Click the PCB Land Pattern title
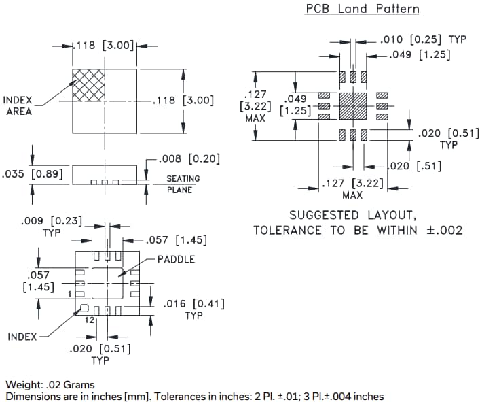pos(362,9)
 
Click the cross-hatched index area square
pos(88,84)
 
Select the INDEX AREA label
pos(19,105)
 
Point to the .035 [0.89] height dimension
pos(33,174)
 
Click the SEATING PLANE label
pos(183,184)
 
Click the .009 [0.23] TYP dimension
pos(51,225)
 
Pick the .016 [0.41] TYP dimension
pos(194,309)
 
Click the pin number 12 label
pos(89,321)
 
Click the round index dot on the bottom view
pos(85,308)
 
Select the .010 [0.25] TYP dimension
pos(424,39)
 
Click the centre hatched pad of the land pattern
pos(352,105)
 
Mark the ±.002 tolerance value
pos(444,230)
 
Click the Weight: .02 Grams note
pos(50,385)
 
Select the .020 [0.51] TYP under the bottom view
pos(100,354)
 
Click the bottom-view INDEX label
pos(22,337)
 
